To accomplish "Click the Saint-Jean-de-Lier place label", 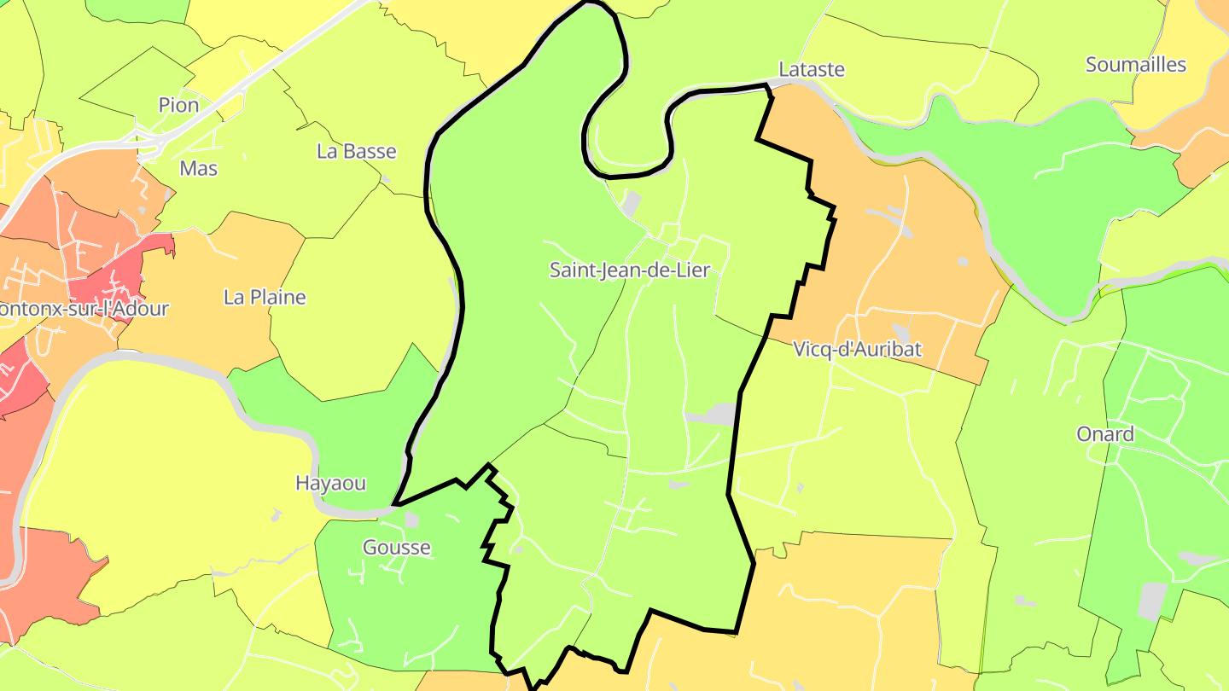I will click(629, 270).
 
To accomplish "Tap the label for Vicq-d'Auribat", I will click(857, 349).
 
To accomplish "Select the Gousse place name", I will click(397, 548).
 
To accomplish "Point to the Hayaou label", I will click(330, 483).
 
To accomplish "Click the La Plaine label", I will click(265, 298).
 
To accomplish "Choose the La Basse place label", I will click(357, 152).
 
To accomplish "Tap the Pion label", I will click(178, 105).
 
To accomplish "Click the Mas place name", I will click(199, 169).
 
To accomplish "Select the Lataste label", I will click(812, 69).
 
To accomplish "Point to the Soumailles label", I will click(1136, 65).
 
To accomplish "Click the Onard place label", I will click(1105, 434).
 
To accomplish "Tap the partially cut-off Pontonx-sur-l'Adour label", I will click(84, 309).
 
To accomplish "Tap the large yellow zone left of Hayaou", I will click(154, 478).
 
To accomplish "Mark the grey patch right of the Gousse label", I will click(411, 520).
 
